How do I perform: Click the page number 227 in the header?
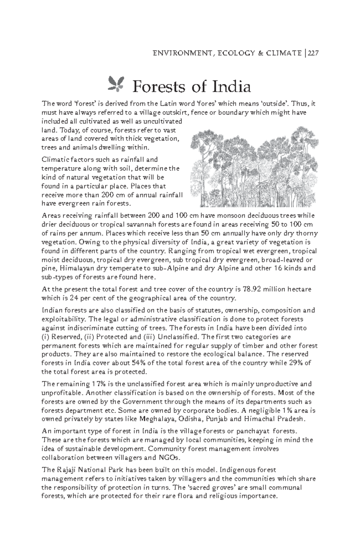point(313,53)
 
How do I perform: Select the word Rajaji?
point(65,470)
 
